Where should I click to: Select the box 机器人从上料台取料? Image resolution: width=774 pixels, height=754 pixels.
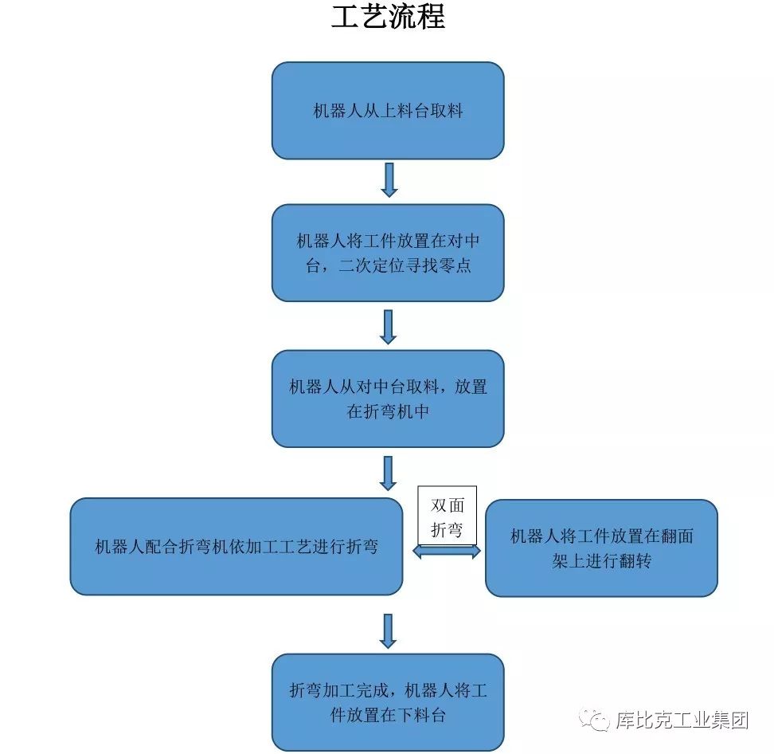388,111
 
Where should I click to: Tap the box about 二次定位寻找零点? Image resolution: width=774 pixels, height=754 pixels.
388,253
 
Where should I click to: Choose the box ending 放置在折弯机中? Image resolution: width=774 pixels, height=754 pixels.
388,399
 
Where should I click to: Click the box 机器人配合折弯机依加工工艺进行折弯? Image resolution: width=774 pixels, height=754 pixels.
236,547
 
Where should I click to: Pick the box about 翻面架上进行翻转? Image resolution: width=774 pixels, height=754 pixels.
601,548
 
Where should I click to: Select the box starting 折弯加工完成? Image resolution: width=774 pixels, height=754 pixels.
388,701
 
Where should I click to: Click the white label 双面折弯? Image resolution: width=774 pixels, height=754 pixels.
447,516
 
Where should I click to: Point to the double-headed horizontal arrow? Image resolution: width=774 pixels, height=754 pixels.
447,551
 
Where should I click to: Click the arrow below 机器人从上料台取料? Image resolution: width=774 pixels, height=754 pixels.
389,180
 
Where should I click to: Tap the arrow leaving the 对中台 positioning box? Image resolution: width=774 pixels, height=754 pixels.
389,326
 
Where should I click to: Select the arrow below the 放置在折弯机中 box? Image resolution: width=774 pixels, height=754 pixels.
389,473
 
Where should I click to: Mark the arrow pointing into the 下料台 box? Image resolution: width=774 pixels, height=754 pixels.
389,630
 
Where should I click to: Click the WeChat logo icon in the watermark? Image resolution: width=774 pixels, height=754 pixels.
595,721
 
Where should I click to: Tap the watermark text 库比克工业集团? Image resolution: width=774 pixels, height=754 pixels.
682,721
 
